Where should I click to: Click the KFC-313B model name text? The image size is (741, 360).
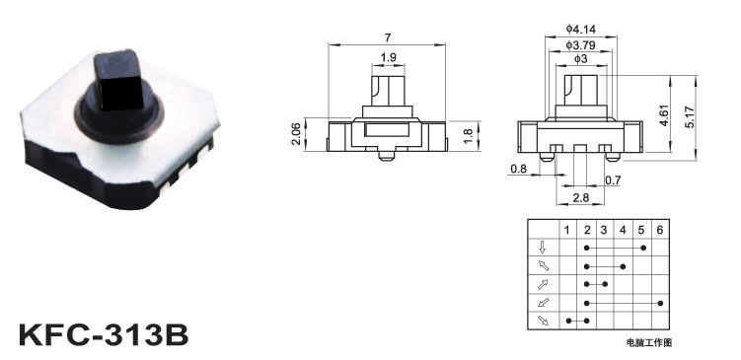[x=104, y=334]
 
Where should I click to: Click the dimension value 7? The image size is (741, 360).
[x=388, y=37]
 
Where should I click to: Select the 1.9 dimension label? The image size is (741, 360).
[x=388, y=57]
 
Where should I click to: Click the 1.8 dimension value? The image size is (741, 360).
[x=469, y=134]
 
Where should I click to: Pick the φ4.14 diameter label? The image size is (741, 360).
[x=581, y=30]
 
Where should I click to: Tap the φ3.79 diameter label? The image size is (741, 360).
[x=581, y=45]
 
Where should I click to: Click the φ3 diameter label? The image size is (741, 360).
[x=581, y=59]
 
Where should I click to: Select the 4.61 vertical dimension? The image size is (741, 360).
[x=664, y=114]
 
